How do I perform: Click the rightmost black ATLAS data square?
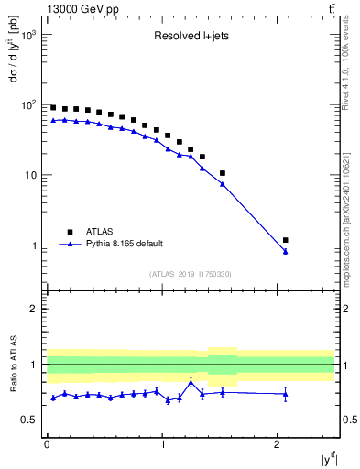(286, 240)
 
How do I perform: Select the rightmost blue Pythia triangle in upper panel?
(286, 251)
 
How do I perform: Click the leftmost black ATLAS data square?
(53, 107)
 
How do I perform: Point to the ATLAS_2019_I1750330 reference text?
(190, 274)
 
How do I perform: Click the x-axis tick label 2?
(278, 444)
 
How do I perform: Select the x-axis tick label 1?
(162, 444)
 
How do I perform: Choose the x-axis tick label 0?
(47, 444)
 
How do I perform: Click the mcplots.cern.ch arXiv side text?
(351, 211)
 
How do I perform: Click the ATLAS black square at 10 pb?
(223, 173)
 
